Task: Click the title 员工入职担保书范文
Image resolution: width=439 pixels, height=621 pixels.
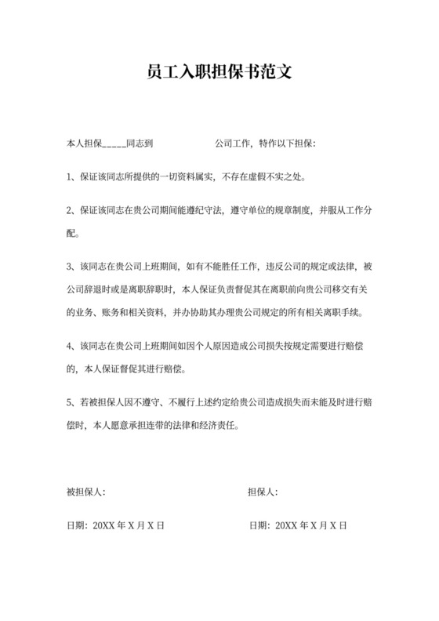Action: coord(219,73)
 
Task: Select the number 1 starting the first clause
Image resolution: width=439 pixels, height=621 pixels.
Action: coord(71,176)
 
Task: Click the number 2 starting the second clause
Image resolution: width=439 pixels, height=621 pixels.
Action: coord(71,211)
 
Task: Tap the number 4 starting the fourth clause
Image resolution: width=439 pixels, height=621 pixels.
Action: coord(71,346)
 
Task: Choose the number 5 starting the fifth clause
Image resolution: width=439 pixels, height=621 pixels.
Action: coord(71,403)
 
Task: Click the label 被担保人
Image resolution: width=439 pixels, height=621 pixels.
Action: coord(85,492)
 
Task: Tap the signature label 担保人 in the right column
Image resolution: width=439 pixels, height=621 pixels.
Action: coord(260,492)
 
